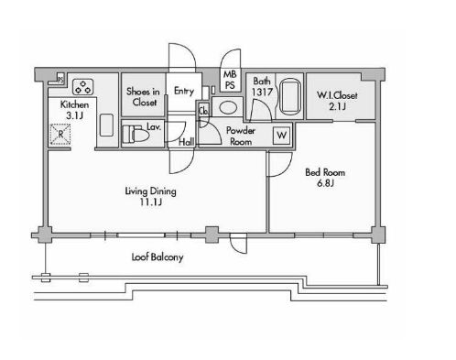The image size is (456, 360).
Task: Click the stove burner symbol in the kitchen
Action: tap(82, 87)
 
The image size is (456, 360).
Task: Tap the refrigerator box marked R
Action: tap(60, 134)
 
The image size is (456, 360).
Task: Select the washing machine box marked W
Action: tap(281, 135)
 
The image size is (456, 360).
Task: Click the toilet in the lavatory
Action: tap(134, 134)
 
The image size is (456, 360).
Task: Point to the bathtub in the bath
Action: tap(290, 97)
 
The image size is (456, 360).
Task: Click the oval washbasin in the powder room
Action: tap(228, 107)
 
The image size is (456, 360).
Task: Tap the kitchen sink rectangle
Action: tap(106, 125)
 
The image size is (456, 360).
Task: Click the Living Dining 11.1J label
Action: tap(151, 196)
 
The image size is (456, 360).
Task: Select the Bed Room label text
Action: tap(325, 172)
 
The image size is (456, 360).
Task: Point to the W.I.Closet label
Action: tap(337, 95)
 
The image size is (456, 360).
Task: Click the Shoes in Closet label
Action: tap(143, 96)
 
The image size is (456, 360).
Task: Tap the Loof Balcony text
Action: tap(157, 256)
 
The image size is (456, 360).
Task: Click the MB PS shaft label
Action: tap(230, 80)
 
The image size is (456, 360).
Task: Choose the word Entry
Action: tap(184, 91)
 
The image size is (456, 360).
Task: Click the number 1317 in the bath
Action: tap(262, 92)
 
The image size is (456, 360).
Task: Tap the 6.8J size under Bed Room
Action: tap(325, 183)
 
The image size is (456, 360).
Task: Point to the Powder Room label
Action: tap(241, 136)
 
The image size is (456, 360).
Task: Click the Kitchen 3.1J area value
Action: tap(75, 115)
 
